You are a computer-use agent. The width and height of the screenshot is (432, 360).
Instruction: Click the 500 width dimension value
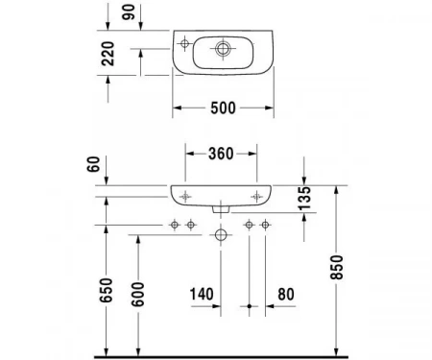click(223, 108)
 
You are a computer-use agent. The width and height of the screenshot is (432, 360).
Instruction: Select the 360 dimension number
click(221, 154)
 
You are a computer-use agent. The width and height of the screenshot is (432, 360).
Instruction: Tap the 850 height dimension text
click(337, 267)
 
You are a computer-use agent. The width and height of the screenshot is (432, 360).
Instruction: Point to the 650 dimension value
click(107, 290)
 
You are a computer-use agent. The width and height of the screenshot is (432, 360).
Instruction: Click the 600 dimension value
click(138, 294)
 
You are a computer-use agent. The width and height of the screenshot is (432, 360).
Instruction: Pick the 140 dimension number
click(202, 294)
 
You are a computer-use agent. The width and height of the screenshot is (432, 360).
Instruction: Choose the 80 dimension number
click(286, 294)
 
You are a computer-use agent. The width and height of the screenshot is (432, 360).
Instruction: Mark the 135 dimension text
click(304, 198)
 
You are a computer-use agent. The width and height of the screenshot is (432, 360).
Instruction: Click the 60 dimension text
click(93, 164)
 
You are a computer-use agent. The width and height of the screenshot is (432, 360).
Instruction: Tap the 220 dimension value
click(108, 54)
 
